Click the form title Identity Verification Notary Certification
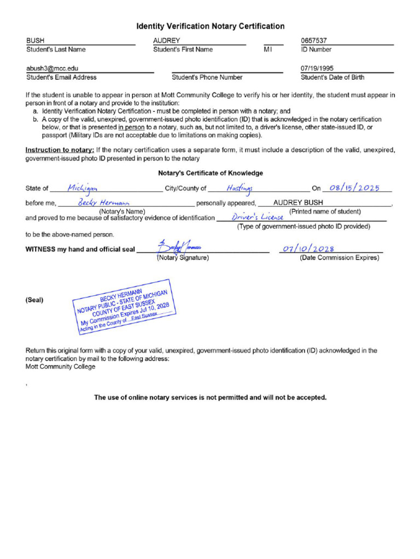click(210, 26)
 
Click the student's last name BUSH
click(36, 41)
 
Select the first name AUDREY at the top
click(166, 41)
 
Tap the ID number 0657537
click(314, 41)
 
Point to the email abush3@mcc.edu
click(52, 69)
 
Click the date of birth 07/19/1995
click(317, 69)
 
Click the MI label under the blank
click(268, 50)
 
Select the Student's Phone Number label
click(207, 78)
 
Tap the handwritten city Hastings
click(239, 188)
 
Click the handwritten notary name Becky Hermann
click(103, 203)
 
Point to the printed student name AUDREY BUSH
click(298, 203)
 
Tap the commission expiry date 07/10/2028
click(308, 249)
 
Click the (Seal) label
click(34, 300)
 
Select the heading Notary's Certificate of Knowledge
click(210, 173)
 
